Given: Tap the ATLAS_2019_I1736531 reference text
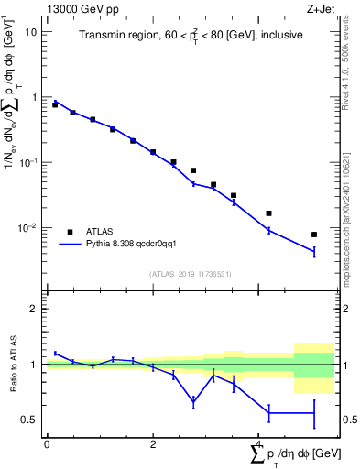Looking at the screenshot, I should (190, 274).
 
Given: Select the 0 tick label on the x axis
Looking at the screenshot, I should (47, 444).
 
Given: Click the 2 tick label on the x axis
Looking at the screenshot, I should (153, 444).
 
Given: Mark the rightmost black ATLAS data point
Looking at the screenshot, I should (314, 234).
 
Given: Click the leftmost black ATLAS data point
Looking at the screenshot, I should (55, 104).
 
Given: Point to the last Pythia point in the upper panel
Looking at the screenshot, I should (314, 251).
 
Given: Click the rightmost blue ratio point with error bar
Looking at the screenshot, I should (314, 414).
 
